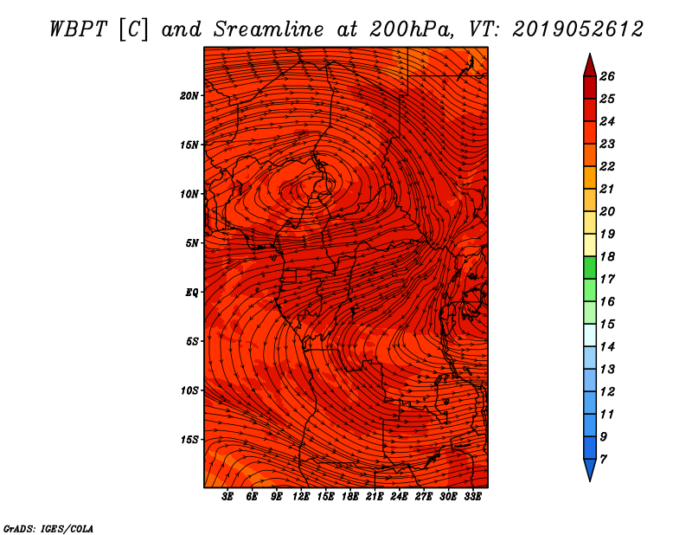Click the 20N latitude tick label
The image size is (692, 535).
pos(189,96)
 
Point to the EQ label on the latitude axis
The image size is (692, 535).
pos(192,293)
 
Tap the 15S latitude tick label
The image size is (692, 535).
pos(190,440)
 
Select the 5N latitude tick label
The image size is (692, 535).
pos(192,243)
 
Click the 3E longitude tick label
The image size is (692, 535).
pos(227,497)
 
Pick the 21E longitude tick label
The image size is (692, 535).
pos(375,497)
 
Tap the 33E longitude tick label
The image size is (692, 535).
pos(472,497)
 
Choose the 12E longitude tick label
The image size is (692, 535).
pos(300,497)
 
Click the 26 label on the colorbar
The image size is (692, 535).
pos(607,76)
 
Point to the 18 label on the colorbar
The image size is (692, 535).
pos(607,256)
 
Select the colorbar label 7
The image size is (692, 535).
pos(603,460)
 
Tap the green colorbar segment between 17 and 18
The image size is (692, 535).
pos(590,267)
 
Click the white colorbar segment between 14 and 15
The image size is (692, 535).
pos(590,335)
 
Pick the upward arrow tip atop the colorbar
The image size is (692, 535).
pos(590,54)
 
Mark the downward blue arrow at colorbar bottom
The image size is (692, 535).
pos(590,470)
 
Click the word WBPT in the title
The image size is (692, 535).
pos(78,29)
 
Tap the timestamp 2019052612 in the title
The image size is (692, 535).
pos(578,29)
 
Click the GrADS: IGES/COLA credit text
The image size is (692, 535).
pos(48,528)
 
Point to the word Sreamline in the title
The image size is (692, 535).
pos(269,29)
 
